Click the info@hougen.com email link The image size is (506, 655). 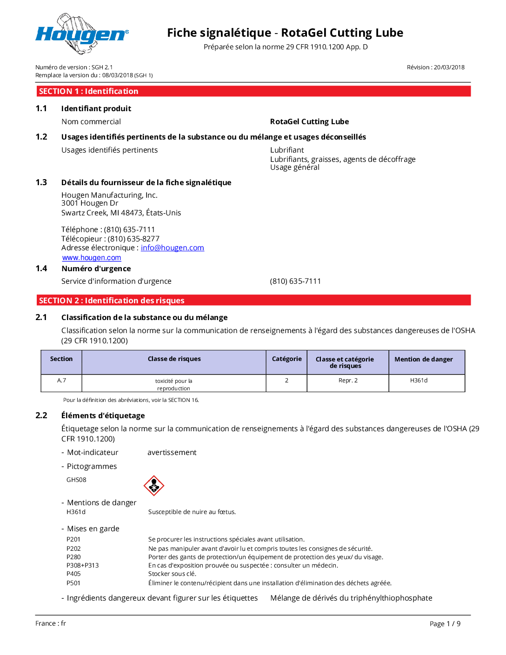172,248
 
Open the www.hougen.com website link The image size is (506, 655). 92,258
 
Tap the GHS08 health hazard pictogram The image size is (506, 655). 154,486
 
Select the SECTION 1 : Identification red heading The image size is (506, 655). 88,91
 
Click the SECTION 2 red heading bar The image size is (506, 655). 112,301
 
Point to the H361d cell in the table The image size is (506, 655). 419,381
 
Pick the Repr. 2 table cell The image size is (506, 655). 348,381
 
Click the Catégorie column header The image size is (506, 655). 286,359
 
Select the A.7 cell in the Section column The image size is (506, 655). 61,381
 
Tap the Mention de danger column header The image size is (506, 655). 423,359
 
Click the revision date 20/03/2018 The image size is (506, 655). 449,67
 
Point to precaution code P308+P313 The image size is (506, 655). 82,566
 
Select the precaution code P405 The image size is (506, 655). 73,574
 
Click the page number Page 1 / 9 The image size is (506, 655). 445,624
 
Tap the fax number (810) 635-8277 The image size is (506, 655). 133,239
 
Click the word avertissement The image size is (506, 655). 172,453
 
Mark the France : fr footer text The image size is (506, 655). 51,623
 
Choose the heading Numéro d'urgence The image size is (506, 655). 96,269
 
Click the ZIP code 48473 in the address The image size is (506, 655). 132,213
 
